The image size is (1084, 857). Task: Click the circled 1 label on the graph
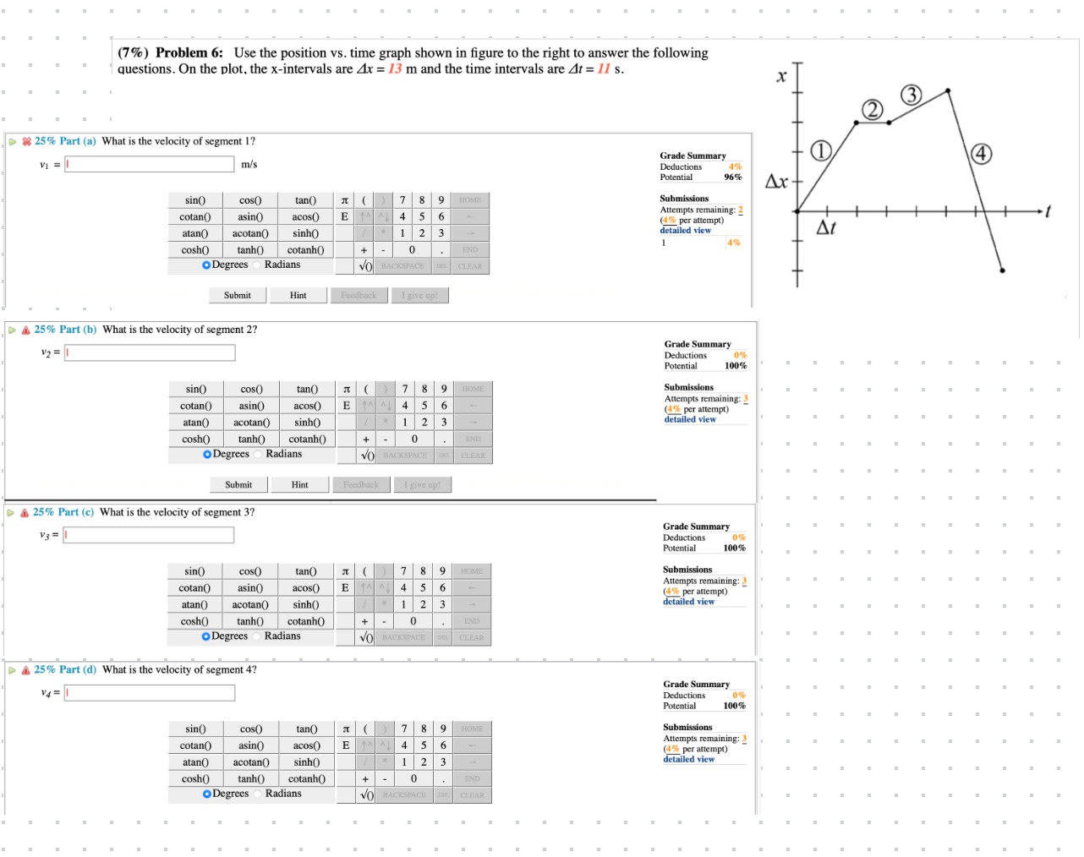point(820,151)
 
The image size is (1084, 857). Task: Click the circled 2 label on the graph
point(872,109)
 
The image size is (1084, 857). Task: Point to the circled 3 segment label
point(911,95)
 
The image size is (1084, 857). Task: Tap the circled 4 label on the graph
point(980,154)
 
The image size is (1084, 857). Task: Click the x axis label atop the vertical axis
point(781,77)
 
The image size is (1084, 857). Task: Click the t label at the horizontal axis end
point(1048,211)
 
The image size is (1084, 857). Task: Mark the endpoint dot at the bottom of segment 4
point(1002,270)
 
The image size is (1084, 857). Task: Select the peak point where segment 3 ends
point(948,90)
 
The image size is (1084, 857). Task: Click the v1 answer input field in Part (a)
point(149,165)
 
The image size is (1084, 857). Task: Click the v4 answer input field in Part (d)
point(150,693)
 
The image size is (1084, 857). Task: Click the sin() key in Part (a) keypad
point(195,200)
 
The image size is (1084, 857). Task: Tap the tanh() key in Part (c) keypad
point(250,621)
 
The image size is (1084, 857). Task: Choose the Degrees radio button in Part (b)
point(207,455)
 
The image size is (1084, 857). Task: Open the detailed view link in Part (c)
point(688,602)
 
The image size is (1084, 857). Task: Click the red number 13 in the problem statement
point(395,69)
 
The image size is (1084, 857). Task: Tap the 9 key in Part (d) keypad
point(443,729)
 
